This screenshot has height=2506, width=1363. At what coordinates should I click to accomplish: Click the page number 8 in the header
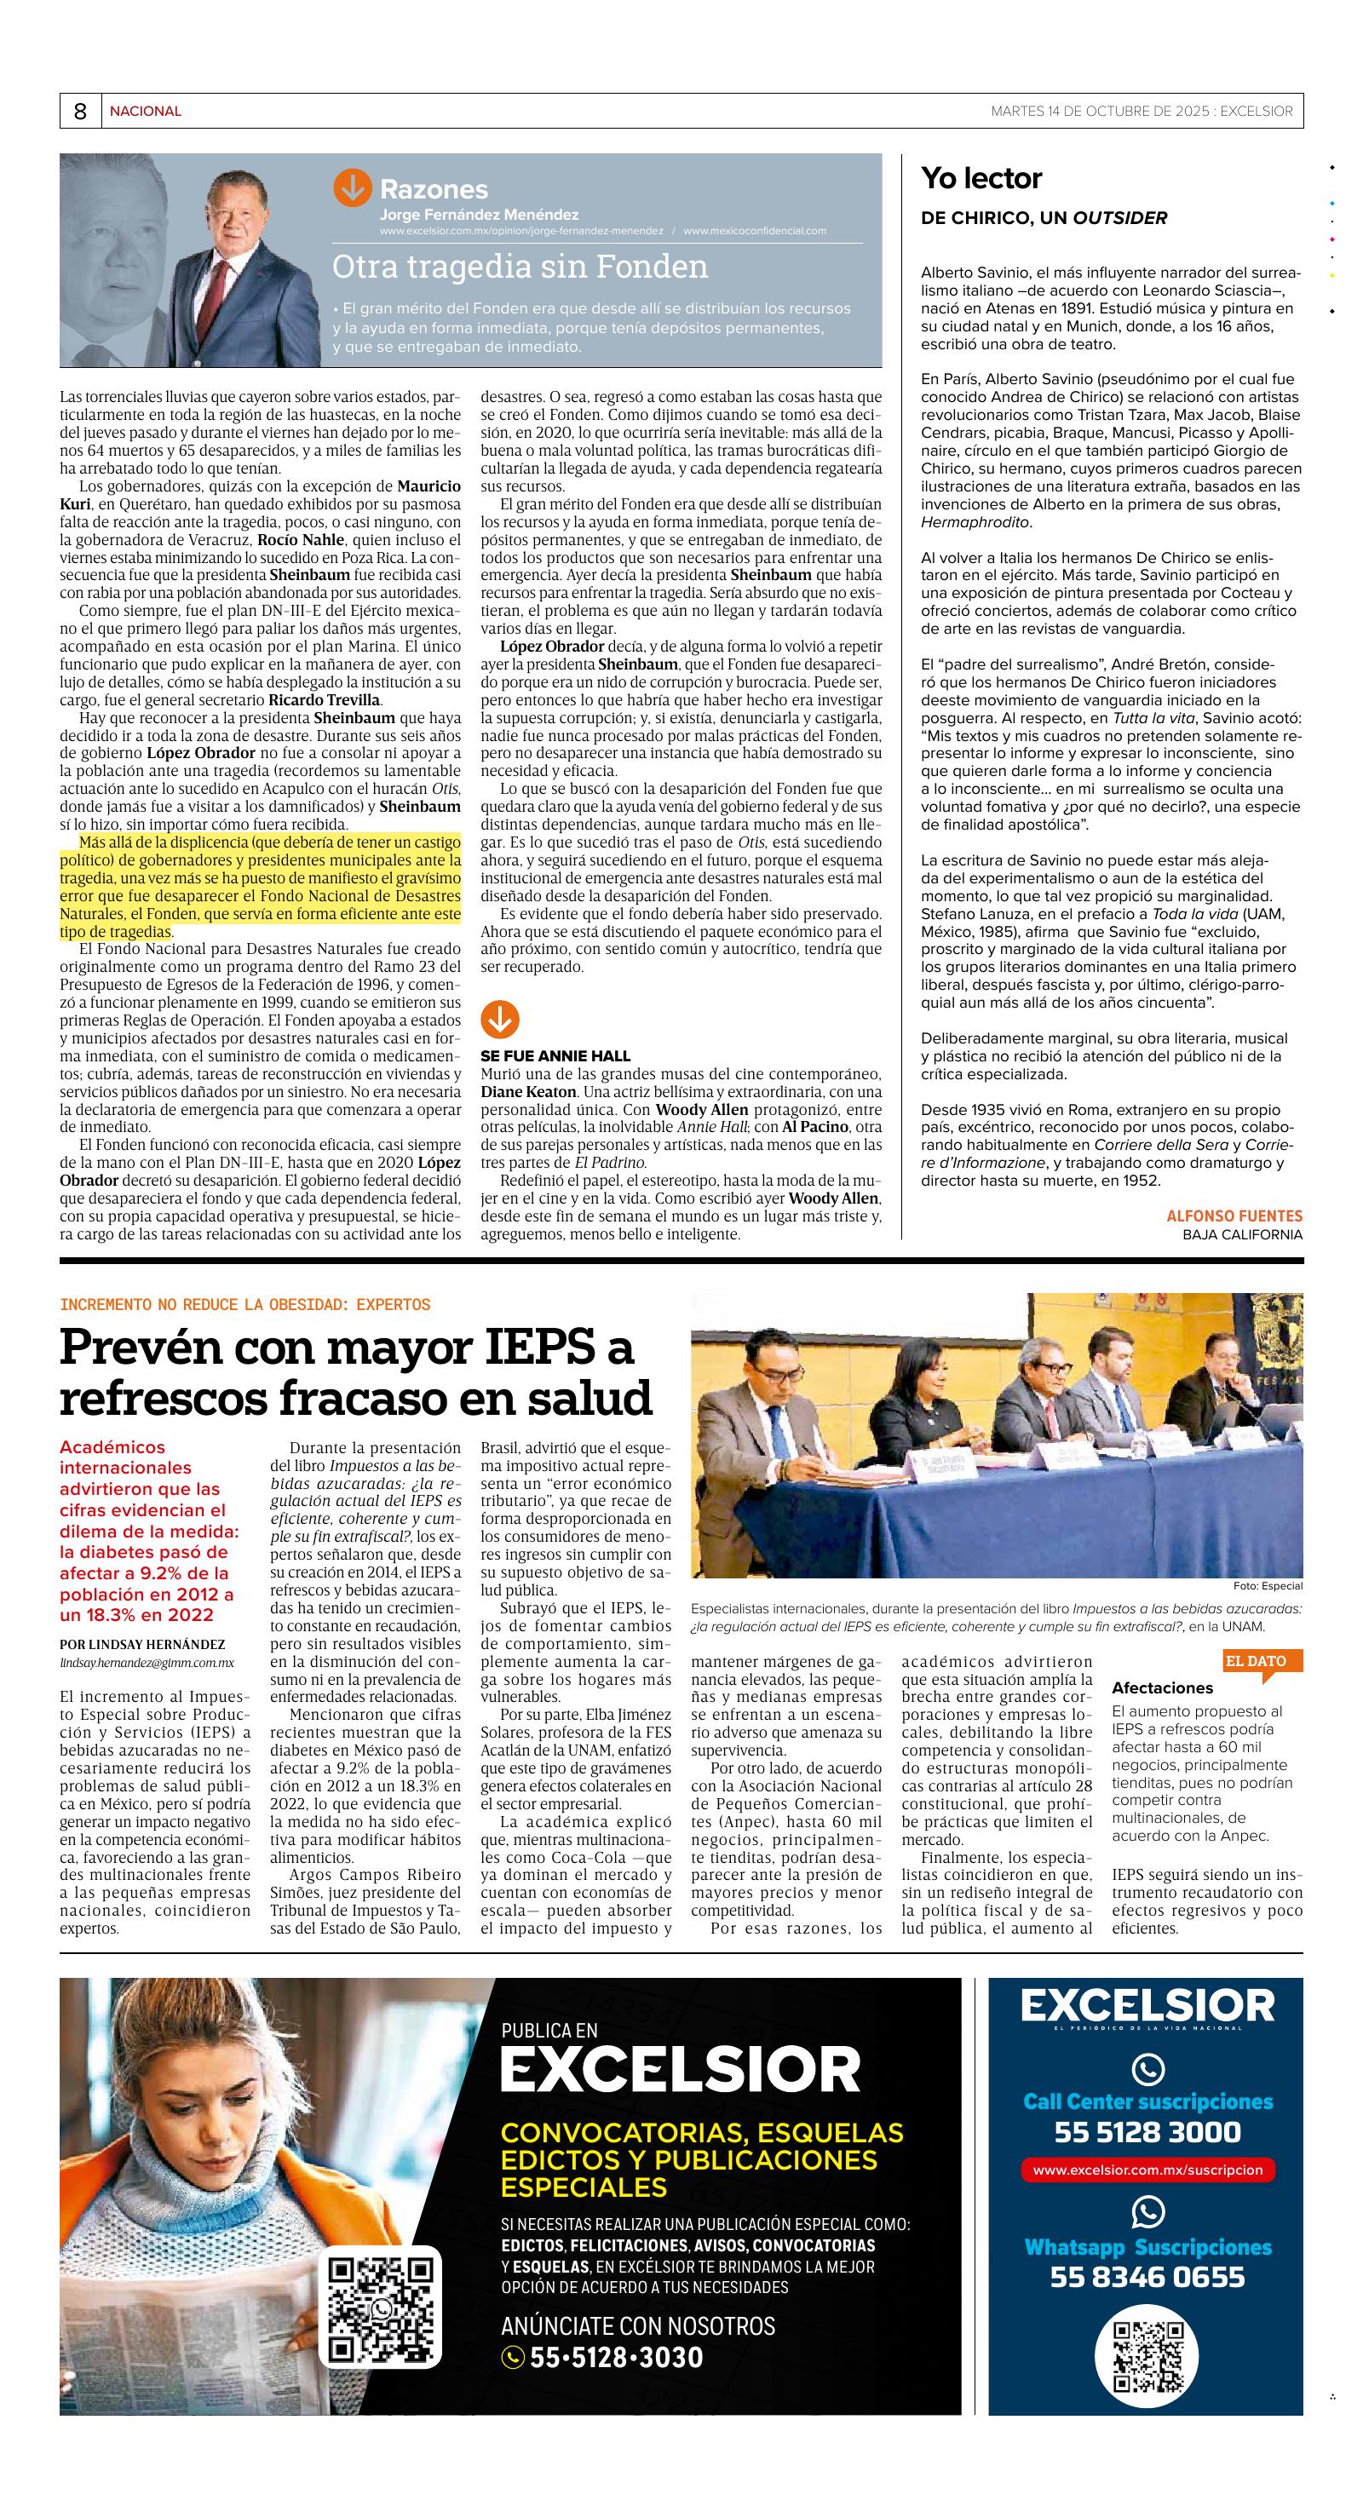pos(80,112)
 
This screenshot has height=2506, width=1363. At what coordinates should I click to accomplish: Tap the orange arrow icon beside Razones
pos(352,189)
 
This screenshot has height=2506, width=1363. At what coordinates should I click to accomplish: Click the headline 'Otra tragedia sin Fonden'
pos(520,267)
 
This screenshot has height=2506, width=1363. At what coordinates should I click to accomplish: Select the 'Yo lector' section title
pos(981,178)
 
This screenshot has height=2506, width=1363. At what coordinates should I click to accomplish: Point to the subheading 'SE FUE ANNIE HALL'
pos(555,1055)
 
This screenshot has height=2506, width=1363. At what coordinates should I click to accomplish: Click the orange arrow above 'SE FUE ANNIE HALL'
pos(499,1020)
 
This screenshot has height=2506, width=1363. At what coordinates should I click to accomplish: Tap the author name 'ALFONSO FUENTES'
pos(1234,1216)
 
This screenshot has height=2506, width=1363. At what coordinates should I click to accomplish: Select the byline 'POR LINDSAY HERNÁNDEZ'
pos(142,1643)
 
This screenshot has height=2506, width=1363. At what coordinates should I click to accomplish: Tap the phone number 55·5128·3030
pos(615,2357)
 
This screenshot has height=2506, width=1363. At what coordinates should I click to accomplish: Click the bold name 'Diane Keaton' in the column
pos(528,1093)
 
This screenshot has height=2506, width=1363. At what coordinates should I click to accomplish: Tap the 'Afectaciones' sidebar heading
pos(1163,1688)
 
